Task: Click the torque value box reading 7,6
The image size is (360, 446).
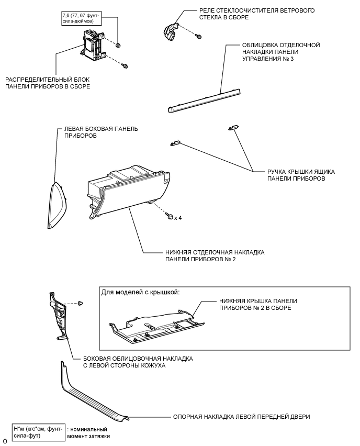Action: (81, 18)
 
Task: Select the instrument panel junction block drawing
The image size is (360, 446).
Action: (93, 45)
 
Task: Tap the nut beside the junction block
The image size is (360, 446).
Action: (118, 44)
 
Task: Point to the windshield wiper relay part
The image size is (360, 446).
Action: (171, 32)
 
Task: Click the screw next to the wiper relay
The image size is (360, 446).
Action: (198, 36)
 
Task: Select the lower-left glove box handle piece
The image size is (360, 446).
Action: (175, 143)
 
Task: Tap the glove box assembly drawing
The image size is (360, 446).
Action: (129, 193)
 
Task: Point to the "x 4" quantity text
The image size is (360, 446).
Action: (178, 218)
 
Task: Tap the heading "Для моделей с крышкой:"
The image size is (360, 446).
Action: (140, 293)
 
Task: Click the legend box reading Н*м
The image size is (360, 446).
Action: (38, 432)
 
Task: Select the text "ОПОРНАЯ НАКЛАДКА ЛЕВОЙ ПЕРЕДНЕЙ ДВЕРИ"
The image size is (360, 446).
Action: (241, 417)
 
